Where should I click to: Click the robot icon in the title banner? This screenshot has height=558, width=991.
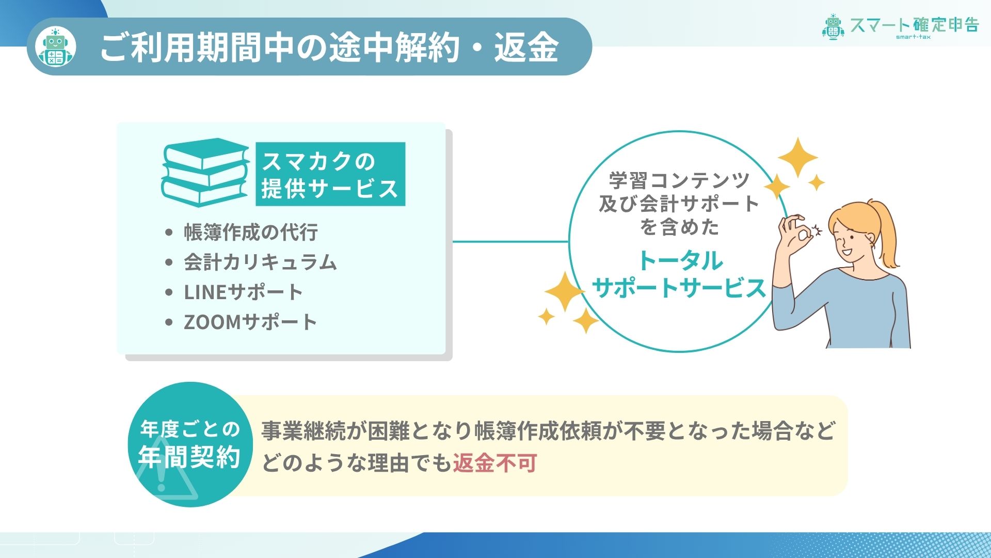tap(56, 47)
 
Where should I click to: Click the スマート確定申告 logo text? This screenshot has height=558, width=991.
tap(914, 25)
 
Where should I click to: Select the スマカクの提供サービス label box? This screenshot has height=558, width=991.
tap(330, 174)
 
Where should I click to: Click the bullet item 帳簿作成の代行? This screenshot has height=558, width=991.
tap(251, 233)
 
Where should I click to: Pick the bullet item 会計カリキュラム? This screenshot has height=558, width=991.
tap(261, 262)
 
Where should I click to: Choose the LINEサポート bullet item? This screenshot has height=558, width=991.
tap(243, 292)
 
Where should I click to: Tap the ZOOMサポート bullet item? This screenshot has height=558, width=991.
tap(250, 322)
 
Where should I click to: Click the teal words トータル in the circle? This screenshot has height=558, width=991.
tap(680, 260)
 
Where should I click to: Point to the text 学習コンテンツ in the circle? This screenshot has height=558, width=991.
tap(679, 180)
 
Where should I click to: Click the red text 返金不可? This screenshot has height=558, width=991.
tap(495, 463)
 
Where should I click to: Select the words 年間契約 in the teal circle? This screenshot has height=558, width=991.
tap(189, 457)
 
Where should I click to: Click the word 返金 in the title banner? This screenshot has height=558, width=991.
tap(526, 47)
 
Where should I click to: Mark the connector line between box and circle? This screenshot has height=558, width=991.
tap(510, 241)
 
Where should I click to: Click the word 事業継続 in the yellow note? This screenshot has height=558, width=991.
tap(303, 431)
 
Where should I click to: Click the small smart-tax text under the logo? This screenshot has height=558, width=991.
tap(913, 37)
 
